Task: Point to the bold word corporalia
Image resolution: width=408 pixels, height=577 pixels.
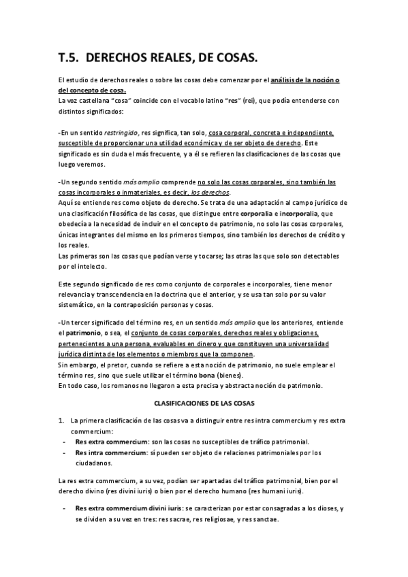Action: (253, 213)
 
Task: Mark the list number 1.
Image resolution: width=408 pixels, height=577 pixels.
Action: (61, 421)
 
